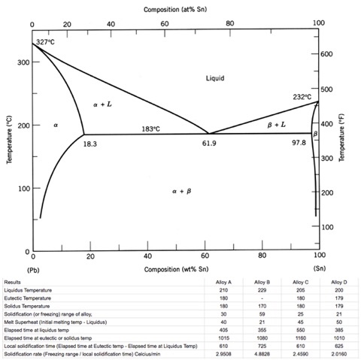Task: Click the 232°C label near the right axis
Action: coord(303,97)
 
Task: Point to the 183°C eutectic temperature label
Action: coord(152,129)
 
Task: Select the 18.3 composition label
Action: coord(90,143)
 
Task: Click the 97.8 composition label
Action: coord(299,143)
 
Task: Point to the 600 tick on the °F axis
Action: coord(327,55)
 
